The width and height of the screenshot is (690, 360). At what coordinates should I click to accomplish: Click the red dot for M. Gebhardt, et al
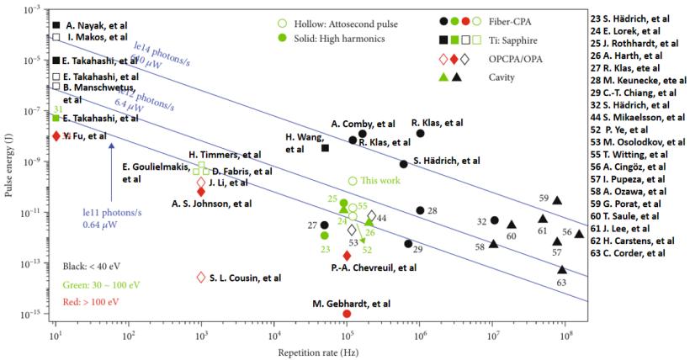point(347,314)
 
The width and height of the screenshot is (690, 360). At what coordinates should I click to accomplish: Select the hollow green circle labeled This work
point(353,181)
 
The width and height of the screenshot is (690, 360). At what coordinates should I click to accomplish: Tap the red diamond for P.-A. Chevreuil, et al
point(347,255)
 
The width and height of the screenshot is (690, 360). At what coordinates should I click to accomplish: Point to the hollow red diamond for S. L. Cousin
point(201,278)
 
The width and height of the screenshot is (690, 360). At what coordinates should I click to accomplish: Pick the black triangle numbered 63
point(562,269)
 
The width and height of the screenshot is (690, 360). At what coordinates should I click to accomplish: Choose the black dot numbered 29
point(408,244)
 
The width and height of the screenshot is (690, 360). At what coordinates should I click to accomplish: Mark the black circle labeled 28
point(421,210)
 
